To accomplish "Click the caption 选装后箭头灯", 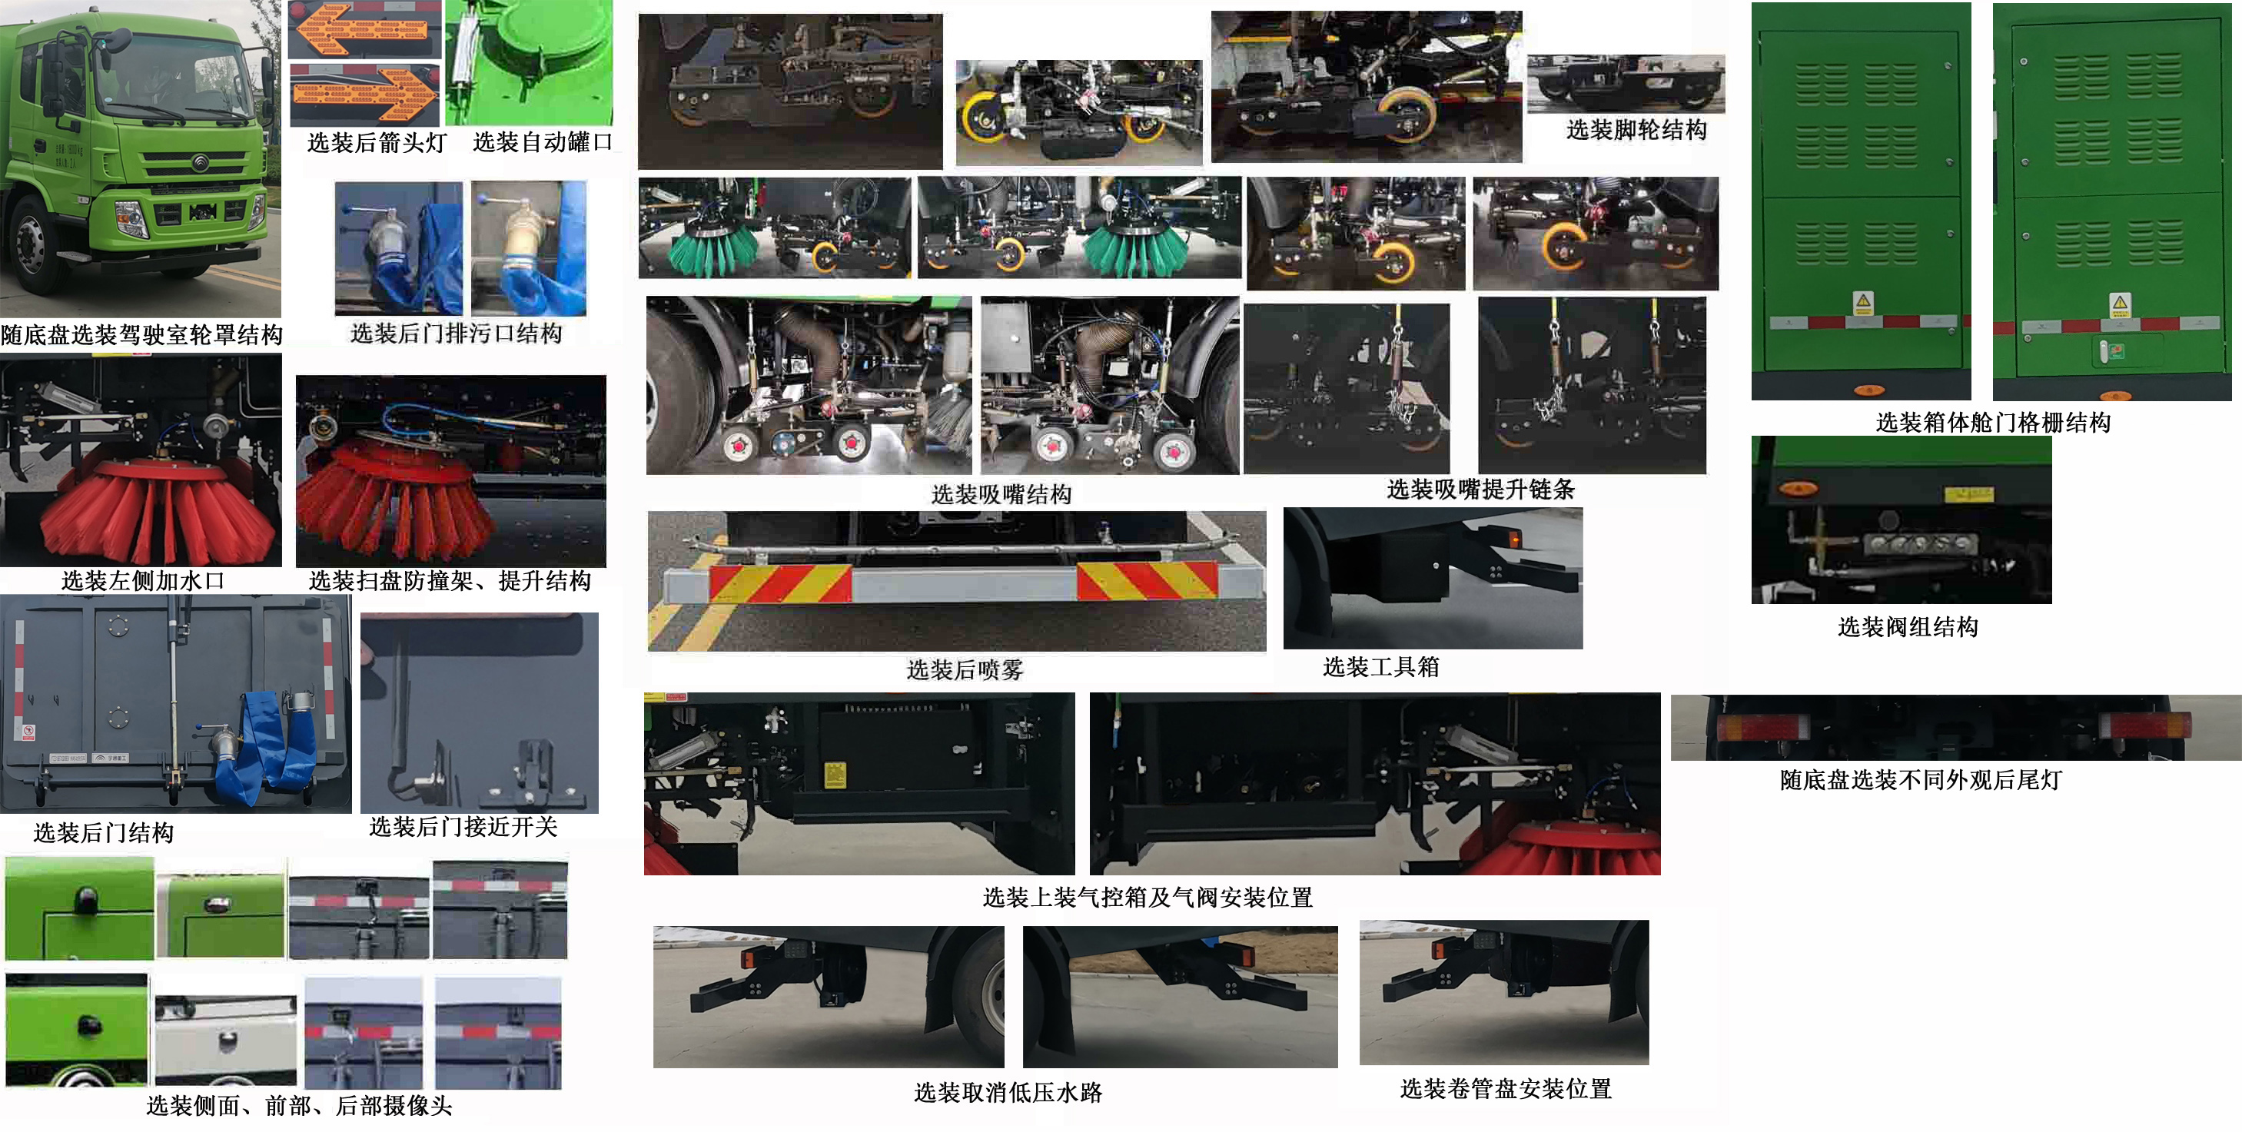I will (x=376, y=143).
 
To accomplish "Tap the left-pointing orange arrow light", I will (x=361, y=28).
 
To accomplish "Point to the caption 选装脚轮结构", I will (x=1636, y=131).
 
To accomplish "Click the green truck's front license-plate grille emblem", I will (x=202, y=211).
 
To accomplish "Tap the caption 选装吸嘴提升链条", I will (x=1480, y=490).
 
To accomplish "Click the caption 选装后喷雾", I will (x=964, y=670).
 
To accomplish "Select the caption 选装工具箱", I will (x=1380, y=667).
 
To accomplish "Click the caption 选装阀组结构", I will (x=1907, y=627).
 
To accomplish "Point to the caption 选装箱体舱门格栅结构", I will (x=1992, y=423).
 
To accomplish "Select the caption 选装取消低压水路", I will (x=1007, y=1093).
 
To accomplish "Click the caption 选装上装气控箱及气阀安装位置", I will (x=1147, y=898).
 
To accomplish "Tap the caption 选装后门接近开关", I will (x=462, y=828).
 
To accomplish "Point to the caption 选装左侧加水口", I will (x=143, y=581).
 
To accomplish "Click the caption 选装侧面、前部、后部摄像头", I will (x=298, y=1106).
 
